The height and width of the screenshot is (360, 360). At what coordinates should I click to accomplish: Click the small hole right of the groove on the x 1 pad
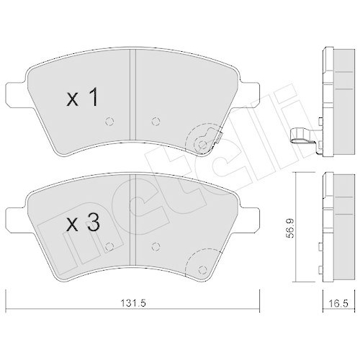pyautogui.click(x=156, y=120)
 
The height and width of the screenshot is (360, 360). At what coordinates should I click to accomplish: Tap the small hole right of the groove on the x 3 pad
pyautogui.click(x=156, y=245)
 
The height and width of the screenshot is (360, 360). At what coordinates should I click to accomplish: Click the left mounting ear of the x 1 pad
pyautogui.click(x=15, y=91)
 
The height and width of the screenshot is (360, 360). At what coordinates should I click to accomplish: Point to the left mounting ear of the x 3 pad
pyautogui.click(x=15, y=216)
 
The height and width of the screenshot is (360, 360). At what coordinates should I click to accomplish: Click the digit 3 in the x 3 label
pyautogui.click(x=91, y=223)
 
